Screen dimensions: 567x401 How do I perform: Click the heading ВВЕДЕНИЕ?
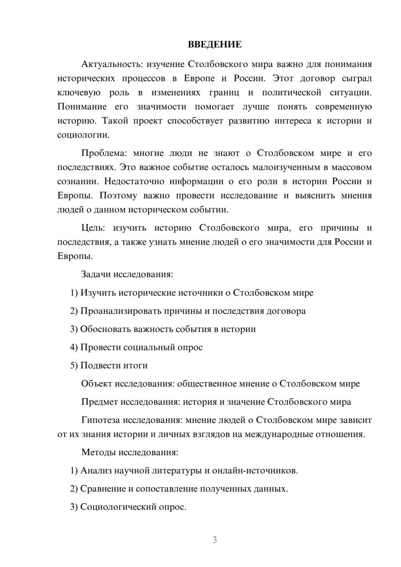215,45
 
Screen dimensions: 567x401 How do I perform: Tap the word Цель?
93,228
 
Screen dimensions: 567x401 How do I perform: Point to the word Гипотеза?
100,420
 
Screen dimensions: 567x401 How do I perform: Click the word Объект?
97,384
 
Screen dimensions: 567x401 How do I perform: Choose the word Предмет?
100,402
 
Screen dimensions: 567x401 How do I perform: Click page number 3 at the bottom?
215,540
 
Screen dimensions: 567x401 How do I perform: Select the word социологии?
83,135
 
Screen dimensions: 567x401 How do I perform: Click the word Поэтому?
118,196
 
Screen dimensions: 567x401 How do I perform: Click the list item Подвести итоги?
114,366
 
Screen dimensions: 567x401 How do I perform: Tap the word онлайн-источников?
265,470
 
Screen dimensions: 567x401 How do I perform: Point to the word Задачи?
96,275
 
